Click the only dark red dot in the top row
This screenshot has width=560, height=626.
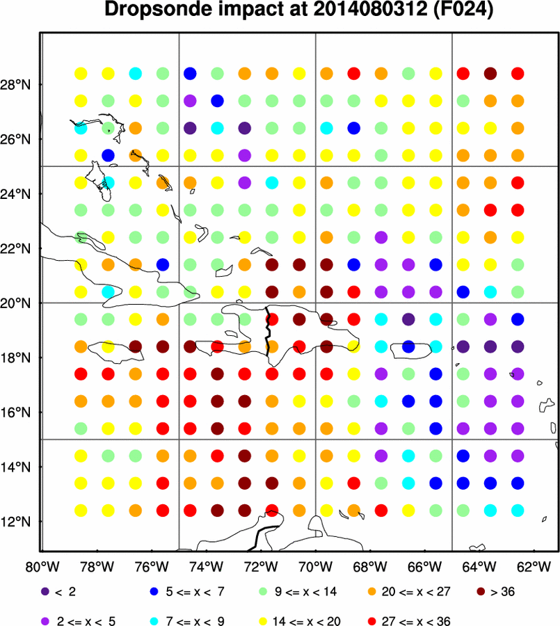490,73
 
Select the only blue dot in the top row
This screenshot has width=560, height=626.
190,73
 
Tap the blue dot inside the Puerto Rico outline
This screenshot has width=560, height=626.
408,346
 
